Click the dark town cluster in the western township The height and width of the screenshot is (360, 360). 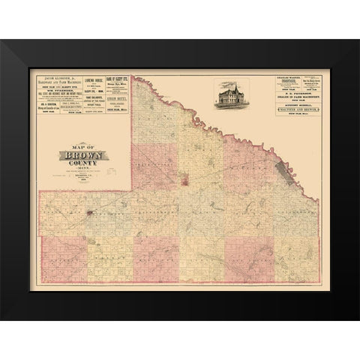[x=91, y=214]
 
